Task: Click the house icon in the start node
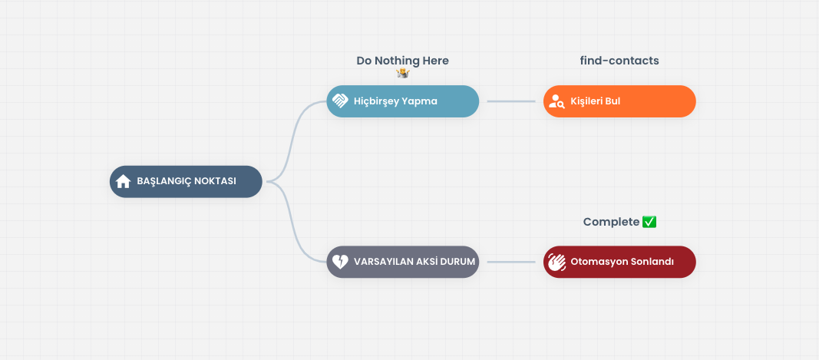pos(124,181)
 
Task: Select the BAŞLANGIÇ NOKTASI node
pos(186,181)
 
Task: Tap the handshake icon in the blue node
pos(340,101)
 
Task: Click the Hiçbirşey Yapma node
pos(403,101)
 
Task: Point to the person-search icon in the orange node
pos(556,101)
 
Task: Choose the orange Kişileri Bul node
pos(619,101)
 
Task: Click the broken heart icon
pos(340,262)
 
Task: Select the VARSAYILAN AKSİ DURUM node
pos(403,262)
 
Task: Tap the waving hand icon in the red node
pos(556,262)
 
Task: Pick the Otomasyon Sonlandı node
pos(619,262)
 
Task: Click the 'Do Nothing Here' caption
pos(403,61)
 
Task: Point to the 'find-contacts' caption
pos(619,61)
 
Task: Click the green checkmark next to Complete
pos(649,222)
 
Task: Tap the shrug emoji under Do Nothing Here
pos(403,73)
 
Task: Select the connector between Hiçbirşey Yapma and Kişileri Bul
pos(511,101)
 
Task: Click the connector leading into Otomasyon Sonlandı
pos(511,262)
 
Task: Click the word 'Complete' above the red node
pos(611,222)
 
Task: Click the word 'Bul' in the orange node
pos(613,101)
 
